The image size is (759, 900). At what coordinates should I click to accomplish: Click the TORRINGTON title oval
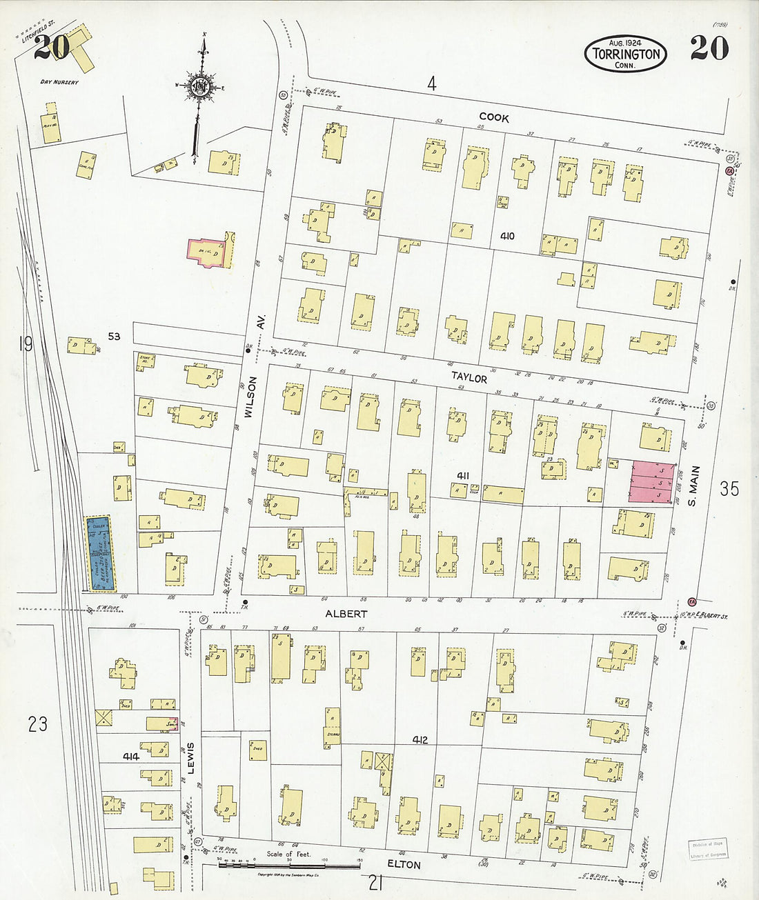pyautogui.click(x=625, y=54)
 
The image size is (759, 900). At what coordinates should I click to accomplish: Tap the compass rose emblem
pyautogui.click(x=201, y=88)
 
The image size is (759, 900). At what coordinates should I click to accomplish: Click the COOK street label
pyautogui.click(x=494, y=118)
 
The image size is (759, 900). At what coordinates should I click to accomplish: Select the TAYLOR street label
pyautogui.click(x=469, y=378)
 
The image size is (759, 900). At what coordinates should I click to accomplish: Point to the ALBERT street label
pyautogui.click(x=346, y=613)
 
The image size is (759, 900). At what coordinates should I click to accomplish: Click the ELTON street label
pyautogui.click(x=404, y=865)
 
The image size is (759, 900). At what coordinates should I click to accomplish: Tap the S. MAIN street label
pyautogui.click(x=694, y=486)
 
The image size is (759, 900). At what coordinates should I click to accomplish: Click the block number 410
pyautogui.click(x=507, y=237)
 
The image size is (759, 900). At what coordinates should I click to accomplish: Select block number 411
pyautogui.click(x=463, y=476)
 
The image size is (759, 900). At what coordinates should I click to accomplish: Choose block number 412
pyautogui.click(x=420, y=740)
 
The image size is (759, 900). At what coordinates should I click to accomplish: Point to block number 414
pyautogui.click(x=130, y=757)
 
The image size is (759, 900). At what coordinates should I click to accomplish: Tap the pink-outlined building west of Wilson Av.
pyautogui.click(x=208, y=252)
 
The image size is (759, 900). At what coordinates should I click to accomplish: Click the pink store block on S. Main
pyautogui.click(x=651, y=481)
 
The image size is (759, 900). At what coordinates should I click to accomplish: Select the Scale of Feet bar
pyautogui.click(x=290, y=863)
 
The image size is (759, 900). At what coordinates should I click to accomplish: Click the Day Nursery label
pyautogui.click(x=59, y=82)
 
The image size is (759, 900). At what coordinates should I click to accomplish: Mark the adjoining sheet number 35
pyautogui.click(x=729, y=489)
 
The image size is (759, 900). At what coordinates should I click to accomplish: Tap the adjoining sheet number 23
pyautogui.click(x=37, y=724)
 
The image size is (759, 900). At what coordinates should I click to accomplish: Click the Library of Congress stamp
pyautogui.click(x=707, y=850)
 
